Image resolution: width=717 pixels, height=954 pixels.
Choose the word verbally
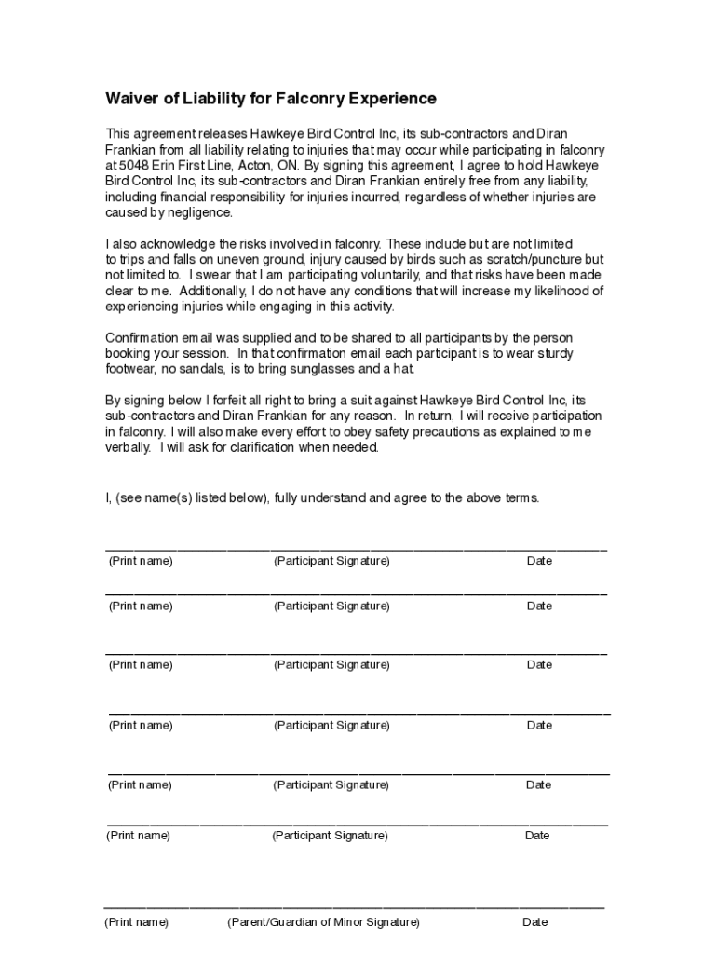129,447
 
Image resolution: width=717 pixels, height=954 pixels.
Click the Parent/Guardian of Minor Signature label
323,922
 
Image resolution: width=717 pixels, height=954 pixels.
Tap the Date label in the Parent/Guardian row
535,922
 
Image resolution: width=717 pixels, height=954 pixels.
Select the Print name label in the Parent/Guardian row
137,922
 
